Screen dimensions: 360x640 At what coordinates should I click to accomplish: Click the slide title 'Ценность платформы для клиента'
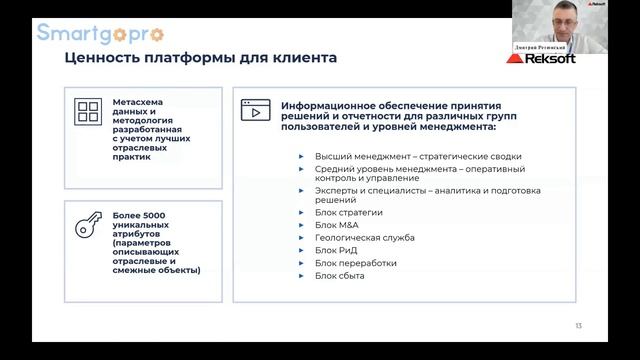pos(200,58)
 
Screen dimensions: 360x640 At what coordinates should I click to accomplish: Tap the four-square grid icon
pos(90,113)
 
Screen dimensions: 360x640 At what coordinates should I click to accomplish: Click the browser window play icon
pos(256,109)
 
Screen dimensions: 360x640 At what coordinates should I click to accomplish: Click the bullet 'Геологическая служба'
pos(364,237)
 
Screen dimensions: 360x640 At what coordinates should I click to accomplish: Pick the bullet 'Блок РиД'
pos(336,250)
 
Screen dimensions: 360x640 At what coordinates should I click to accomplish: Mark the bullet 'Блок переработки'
pos(355,263)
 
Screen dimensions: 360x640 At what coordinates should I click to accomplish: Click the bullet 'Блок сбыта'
pos(340,277)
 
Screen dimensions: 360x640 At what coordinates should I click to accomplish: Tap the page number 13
pos(578,327)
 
